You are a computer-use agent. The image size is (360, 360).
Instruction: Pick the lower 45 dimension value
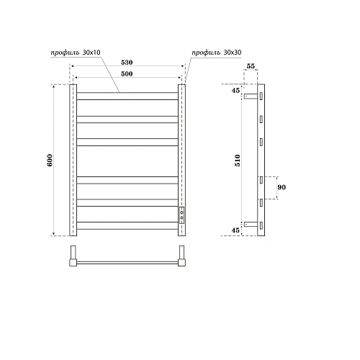[235, 230]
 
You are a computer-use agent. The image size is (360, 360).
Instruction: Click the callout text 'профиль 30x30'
[216, 53]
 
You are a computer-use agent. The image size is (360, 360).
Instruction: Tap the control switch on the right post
[181, 213]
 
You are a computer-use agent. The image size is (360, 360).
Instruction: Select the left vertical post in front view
[73, 160]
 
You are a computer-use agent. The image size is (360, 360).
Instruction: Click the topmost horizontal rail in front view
[127, 94]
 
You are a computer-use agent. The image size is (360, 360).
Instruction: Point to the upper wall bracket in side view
[251, 96]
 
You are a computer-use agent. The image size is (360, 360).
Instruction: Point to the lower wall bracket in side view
[251, 224]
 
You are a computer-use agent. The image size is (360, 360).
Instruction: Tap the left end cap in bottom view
[73, 256]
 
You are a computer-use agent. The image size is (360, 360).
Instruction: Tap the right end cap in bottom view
[182, 256]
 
